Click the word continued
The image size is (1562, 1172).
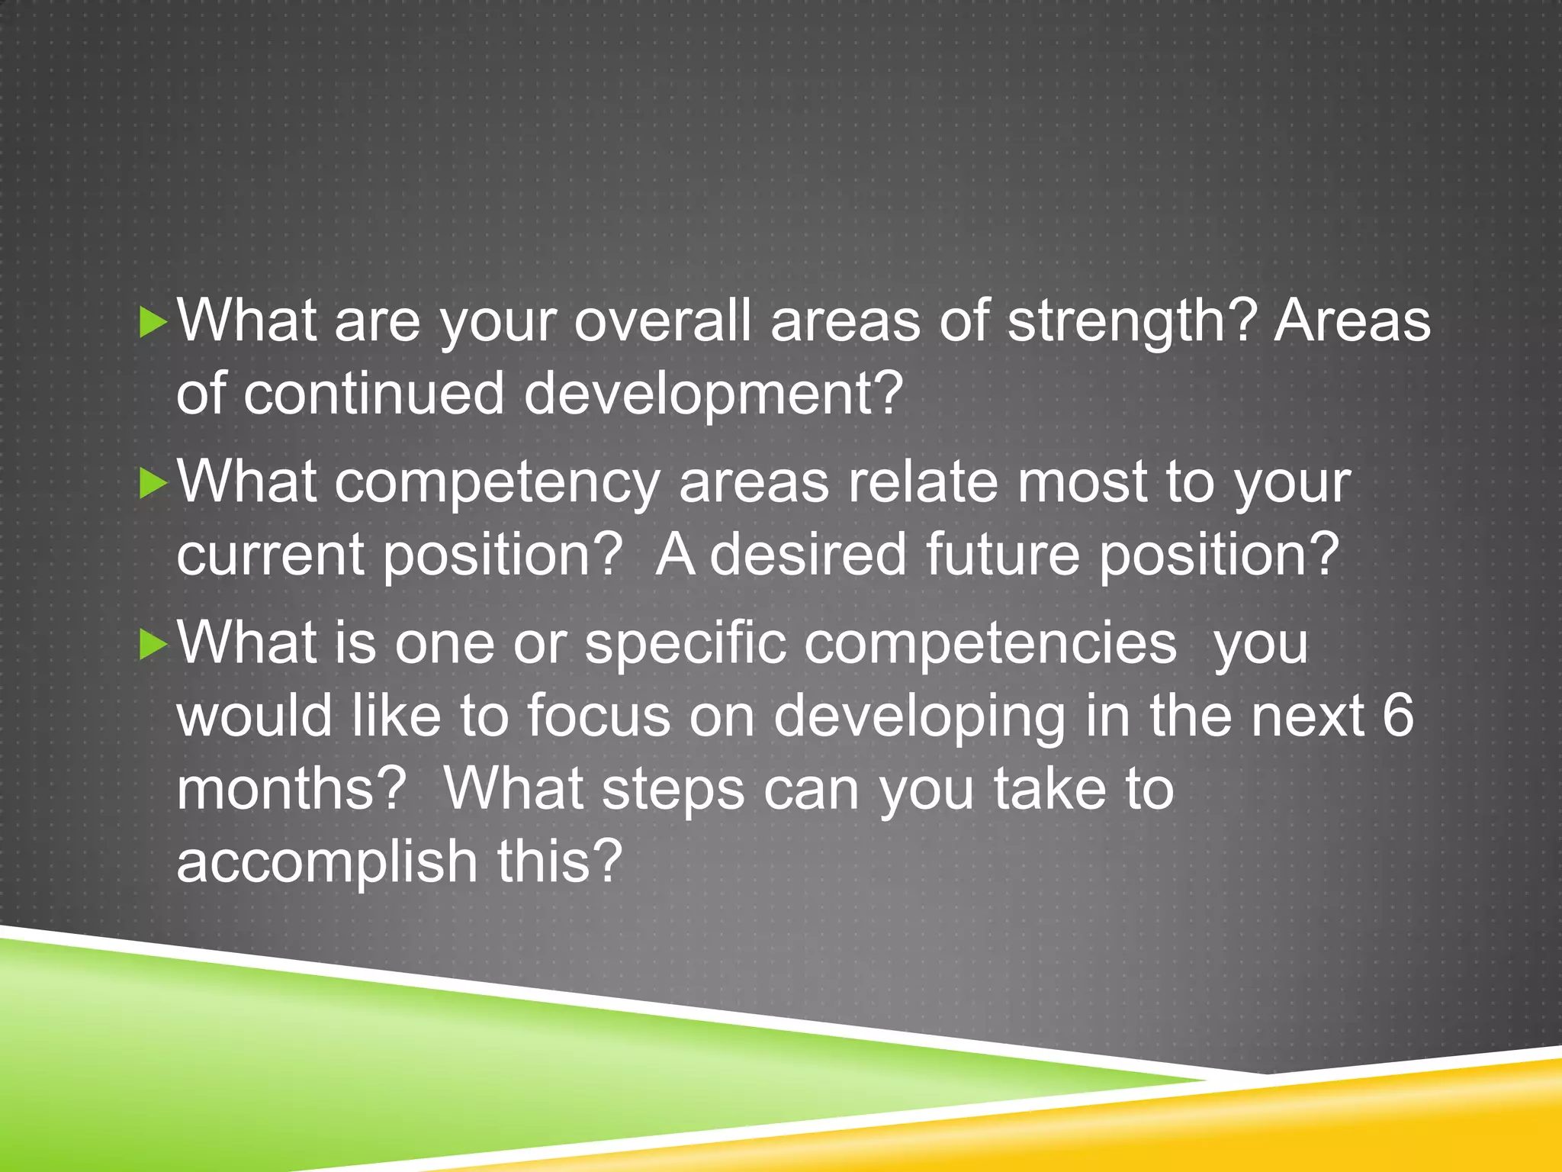(x=374, y=394)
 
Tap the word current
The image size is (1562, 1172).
(x=270, y=555)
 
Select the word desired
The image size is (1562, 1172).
(x=808, y=554)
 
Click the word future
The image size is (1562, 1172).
(x=1002, y=554)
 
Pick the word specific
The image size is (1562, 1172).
(x=685, y=644)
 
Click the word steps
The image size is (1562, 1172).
(x=673, y=790)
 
